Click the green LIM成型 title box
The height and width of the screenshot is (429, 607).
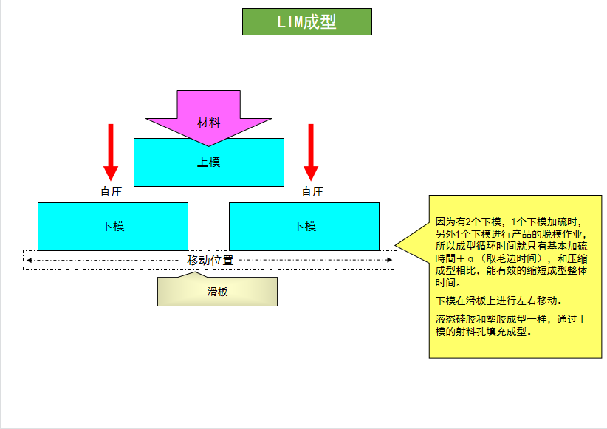click(x=306, y=22)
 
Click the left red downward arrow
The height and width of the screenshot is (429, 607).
click(x=111, y=151)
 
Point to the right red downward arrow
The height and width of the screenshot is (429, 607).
click(x=311, y=151)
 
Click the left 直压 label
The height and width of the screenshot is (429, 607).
click(x=111, y=192)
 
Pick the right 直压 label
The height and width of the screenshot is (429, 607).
click(x=312, y=192)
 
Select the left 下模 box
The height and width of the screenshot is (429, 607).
click(x=112, y=226)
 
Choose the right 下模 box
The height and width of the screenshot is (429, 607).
click(x=304, y=226)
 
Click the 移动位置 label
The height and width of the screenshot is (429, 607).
click(x=210, y=260)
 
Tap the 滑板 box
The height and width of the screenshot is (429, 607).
click(x=217, y=292)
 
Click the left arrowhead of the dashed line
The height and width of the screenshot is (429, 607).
click(x=28, y=260)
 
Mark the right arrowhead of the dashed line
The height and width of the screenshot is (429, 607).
click(x=392, y=260)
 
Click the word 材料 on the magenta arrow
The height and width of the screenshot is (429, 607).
click(x=209, y=122)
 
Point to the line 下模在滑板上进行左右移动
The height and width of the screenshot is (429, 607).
click(x=499, y=301)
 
